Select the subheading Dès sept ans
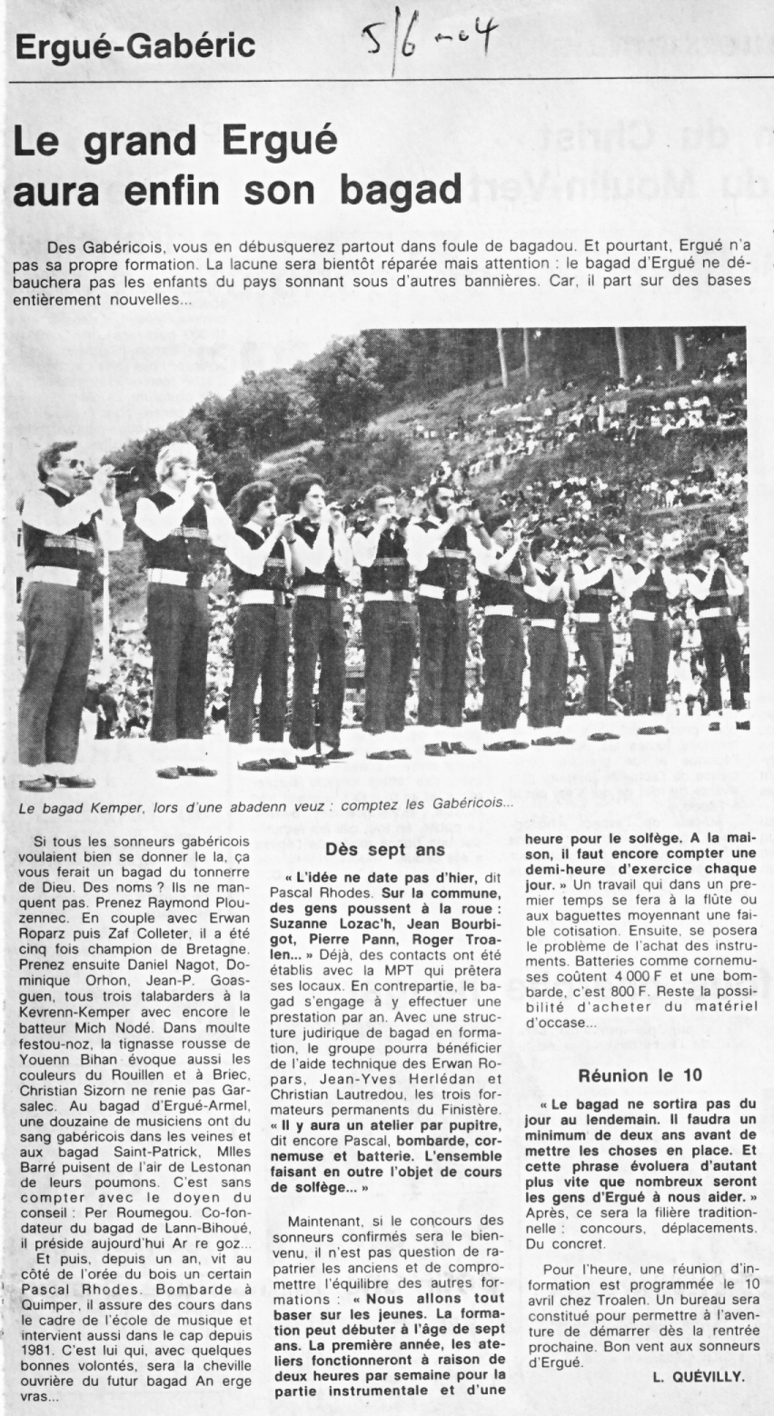click(384, 850)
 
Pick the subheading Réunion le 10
click(640, 1074)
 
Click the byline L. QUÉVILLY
click(698, 1377)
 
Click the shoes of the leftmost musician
click(56, 782)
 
